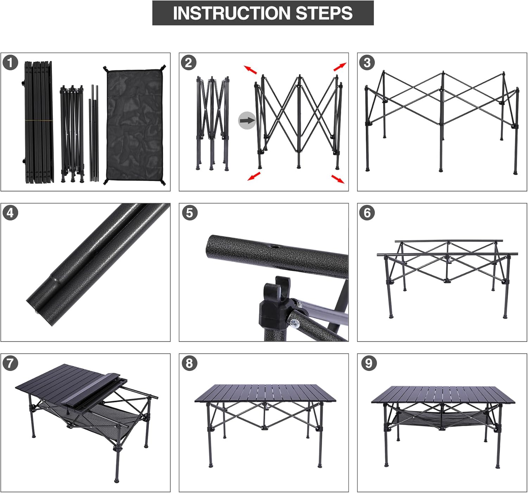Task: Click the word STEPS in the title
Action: tap(324, 13)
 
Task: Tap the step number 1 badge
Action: tap(10, 63)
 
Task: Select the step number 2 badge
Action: tap(188, 63)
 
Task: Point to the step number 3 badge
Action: tap(367, 63)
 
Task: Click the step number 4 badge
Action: tap(10, 213)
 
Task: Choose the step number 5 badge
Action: tap(190, 213)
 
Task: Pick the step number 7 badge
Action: tap(10, 363)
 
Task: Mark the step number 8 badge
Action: tap(189, 363)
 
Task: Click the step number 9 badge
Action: tap(369, 363)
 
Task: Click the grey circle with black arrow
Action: tap(247, 121)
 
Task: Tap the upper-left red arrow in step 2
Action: tap(250, 70)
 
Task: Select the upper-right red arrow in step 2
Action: tap(340, 67)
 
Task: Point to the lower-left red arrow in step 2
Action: tap(254, 176)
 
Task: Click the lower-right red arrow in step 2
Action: tap(338, 179)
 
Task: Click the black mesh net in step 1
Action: tap(134, 125)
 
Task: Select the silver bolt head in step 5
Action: tap(295, 323)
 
